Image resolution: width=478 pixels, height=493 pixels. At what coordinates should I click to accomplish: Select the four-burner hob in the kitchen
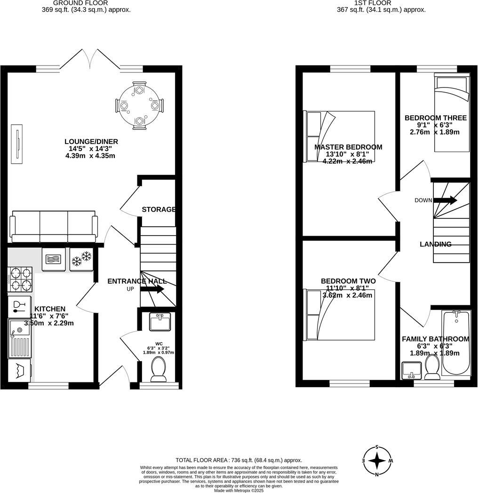pyautogui.click(x=20, y=279)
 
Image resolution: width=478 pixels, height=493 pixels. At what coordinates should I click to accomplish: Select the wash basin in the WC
pyautogui.click(x=159, y=322)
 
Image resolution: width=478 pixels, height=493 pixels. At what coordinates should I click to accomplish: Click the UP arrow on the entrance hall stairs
pyautogui.click(x=151, y=289)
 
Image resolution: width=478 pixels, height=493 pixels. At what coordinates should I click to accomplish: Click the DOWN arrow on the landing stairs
pyautogui.click(x=445, y=200)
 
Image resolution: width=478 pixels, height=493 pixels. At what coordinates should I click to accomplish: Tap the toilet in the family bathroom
pyautogui.click(x=432, y=366)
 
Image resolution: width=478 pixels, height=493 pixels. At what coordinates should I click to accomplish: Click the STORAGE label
pyautogui.click(x=159, y=209)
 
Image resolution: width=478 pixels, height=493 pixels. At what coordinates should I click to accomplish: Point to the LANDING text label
pyautogui.click(x=435, y=244)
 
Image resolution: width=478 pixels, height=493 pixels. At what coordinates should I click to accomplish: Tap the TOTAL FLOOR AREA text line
pyautogui.click(x=239, y=460)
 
